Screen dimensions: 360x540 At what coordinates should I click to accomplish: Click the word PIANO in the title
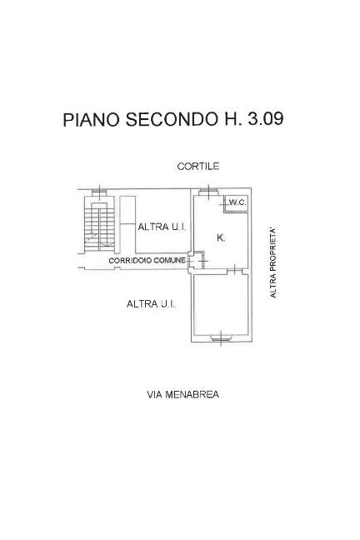click(92, 119)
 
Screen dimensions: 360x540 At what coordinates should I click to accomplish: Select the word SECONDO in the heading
click(170, 119)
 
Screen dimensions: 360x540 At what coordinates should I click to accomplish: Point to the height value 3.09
click(266, 119)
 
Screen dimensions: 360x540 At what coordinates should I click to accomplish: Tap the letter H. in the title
click(231, 119)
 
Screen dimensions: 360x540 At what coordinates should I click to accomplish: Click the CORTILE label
click(198, 167)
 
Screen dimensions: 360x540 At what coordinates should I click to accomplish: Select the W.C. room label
click(237, 202)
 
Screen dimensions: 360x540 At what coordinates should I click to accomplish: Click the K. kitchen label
click(221, 237)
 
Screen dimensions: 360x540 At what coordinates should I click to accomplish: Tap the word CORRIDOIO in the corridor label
click(130, 261)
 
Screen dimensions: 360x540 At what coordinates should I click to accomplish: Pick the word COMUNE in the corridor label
click(169, 261)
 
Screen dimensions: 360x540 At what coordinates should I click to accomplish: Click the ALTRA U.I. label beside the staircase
click(162, 227)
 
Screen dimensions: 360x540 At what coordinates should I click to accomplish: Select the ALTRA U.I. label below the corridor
click(151, 304)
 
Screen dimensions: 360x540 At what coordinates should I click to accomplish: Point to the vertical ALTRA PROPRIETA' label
click(272, 262)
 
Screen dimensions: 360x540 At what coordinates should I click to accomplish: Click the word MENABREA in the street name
click(192, 394)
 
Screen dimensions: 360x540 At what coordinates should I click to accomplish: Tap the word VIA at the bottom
click(155, 394)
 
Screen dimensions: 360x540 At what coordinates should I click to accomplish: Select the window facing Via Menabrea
click(221, 337)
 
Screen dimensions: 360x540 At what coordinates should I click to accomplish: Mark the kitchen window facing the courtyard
click(209, 192)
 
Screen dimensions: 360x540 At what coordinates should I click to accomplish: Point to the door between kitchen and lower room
click(235, 271)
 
